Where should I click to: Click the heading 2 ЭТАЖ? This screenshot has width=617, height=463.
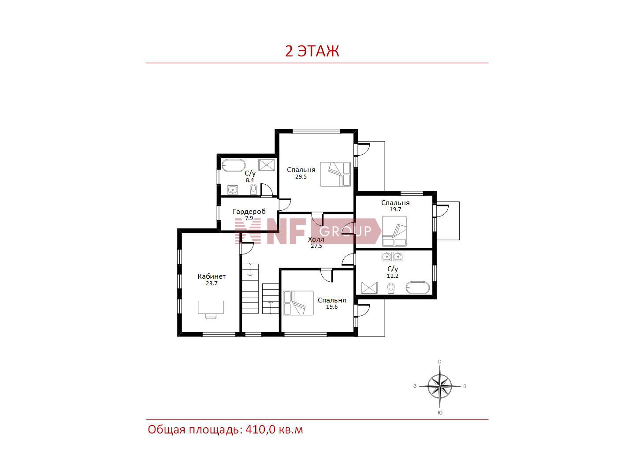tap(312, 51)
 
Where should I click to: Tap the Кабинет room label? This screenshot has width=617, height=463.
tap(212, 276)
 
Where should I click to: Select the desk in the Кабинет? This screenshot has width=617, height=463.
tap(211, 309)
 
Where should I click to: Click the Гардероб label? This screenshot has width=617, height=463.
tap(249, 211)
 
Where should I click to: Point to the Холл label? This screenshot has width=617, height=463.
tap(316, 239)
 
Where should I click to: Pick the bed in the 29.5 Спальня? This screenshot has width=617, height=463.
tap(335, 174)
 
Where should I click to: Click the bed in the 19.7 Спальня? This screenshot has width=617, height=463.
tap(394, 231)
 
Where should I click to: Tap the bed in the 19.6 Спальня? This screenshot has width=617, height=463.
tap(298, 303)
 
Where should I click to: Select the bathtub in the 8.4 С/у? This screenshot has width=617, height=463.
tap(234, 165)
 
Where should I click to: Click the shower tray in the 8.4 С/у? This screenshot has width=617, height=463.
tap(267, 165)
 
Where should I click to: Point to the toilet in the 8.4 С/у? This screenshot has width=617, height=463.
tap(253, 190)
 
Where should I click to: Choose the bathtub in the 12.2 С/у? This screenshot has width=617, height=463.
tap(418, 288)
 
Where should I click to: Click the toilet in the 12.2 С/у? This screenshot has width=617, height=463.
tap(391, 288)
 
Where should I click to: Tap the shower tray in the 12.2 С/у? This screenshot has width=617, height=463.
tap(369, 288)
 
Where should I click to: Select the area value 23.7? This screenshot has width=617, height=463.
tap(212, 284)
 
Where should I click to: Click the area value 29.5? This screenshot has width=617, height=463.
tap(301, 176)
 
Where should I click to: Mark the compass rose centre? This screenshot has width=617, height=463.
tap(440, 386)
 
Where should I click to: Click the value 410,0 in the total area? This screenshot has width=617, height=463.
tap(260, 430)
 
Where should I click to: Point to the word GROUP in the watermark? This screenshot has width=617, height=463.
tap(345, 231)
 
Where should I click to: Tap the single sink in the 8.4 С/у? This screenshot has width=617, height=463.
tap(232, 190)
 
